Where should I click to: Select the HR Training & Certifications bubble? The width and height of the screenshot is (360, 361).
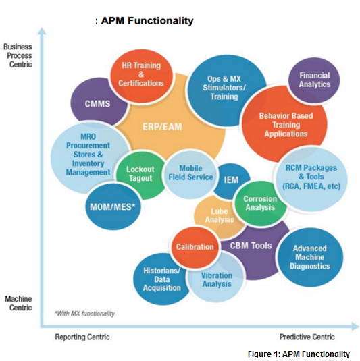point(141,76)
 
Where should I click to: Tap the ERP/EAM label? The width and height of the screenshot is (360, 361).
point(162,127)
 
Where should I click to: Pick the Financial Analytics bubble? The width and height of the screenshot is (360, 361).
point(314,80)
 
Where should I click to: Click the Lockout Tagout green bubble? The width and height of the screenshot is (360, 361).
point(140,175)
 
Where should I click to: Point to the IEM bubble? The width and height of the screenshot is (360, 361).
point(231,179)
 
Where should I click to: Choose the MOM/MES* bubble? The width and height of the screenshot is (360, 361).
point(113,206)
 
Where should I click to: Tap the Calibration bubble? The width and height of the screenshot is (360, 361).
point(195,247)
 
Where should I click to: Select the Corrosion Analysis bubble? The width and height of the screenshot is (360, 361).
point(261,203)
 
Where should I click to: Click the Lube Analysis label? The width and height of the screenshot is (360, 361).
point(220,215)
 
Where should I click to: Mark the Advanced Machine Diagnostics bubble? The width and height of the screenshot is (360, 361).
point(310,257)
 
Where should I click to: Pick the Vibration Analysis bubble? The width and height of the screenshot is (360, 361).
point(216,279)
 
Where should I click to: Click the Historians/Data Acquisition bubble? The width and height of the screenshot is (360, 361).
point(161,279)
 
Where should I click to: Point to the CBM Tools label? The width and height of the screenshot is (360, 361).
point(251,246)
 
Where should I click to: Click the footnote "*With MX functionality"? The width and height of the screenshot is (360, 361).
point(84,314)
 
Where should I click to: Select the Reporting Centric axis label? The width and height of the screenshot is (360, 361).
point(82,337)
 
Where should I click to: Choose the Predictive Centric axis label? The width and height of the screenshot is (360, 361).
point(307,337)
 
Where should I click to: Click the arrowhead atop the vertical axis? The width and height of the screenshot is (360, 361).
point(42,31)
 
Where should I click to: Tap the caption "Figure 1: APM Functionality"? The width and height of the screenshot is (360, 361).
point(299,354)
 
